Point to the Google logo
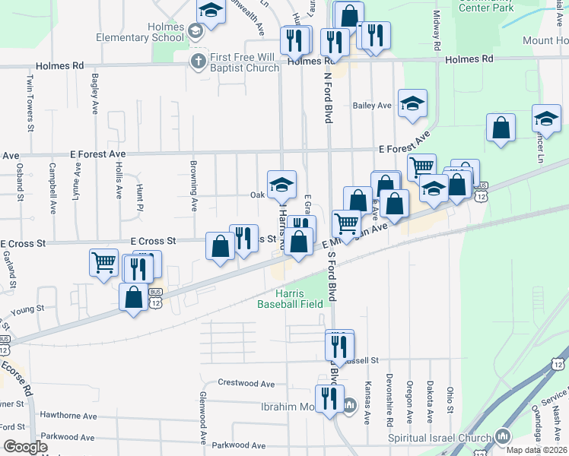[26, 447]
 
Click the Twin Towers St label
[30, 92]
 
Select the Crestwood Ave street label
[246, 384]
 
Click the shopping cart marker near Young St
[103, 263]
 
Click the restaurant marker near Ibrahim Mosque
[329, 397]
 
